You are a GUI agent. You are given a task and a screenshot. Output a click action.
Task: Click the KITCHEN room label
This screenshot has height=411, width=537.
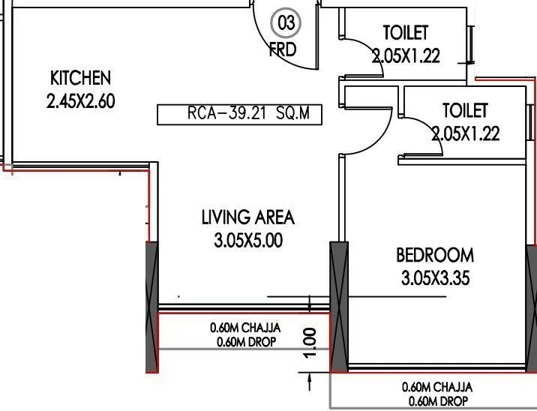[x=80, y=77]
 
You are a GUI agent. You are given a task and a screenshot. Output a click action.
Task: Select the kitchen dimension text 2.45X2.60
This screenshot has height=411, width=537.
[x=80, y=101]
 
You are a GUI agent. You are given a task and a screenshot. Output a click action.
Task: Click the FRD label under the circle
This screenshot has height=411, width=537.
[x=283, y=50]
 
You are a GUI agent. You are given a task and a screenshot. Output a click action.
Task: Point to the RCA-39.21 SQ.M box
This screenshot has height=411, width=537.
[x=238, y=115]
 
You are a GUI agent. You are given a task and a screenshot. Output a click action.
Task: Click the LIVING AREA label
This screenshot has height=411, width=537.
[x=247, y=217]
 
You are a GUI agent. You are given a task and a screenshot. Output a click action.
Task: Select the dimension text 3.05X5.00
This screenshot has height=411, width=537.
[x=247, y=241]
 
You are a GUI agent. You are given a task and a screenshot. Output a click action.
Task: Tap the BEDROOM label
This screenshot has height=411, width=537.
[x=435, y=256]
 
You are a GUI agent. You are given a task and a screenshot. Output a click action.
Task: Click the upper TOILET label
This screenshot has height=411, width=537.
[x=406, y=32]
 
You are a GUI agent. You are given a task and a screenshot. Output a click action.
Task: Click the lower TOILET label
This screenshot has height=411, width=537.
[x=465, y=111]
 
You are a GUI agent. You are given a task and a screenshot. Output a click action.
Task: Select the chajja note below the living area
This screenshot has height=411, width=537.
[x=244, y=334]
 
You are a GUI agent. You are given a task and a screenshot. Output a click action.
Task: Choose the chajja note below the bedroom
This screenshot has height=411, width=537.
[x=436, y=394]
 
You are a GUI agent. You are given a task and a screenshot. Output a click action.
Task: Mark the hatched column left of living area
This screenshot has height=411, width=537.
[x=151, y=307]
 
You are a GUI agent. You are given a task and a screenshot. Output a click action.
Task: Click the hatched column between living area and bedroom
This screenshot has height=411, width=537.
[x=339, y=307]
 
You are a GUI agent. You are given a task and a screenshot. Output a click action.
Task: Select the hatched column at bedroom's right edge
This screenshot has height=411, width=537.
[x=531, y=307]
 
